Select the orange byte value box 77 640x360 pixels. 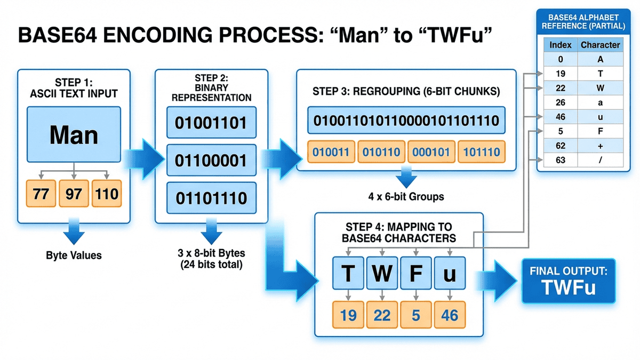[x=41, y=193]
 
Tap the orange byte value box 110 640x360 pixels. [x=107, y=193]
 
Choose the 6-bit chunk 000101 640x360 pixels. [x=431, y=153]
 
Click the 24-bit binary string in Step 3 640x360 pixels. [x=405, y=120]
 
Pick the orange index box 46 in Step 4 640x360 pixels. [x=450, y=315]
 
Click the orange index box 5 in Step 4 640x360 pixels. [x=415, y=315]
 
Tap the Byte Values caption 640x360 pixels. [x=74, y=255]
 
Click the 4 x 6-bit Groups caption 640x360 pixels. [x=406, y=196]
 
